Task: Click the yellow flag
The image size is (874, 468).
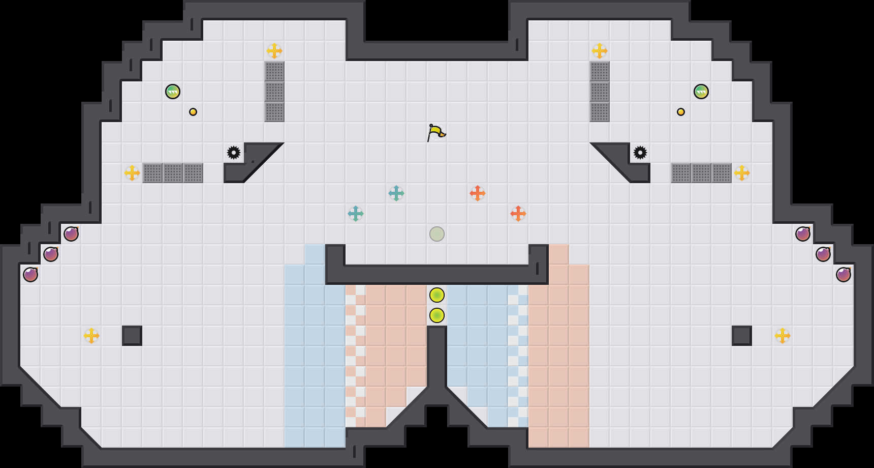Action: click(x=436, y=132)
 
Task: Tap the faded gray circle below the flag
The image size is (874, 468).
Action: click(x=437, y=234)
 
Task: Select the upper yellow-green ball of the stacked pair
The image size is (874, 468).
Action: click(x=437, y=295)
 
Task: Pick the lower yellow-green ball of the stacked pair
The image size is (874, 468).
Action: click(x=437, y=315)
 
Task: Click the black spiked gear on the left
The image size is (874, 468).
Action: click(x=234, y=153)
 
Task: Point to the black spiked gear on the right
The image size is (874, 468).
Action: click(x=640, y=153)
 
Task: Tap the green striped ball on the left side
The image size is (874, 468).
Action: click(x=173, y=92)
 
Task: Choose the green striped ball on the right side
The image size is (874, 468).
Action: click(x=701, y=92)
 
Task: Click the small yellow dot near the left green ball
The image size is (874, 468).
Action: click(x=193, y=112)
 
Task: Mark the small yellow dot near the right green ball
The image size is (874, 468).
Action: click(x=681, y=112)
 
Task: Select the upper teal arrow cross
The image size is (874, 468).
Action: click(x=396, y=193)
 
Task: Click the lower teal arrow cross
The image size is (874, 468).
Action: click(x=356, y=214)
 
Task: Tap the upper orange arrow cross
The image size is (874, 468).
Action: click(x=478, y=193)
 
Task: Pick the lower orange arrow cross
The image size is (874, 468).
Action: click(x=518, y=214)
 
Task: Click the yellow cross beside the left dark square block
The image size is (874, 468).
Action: click(x=91, y=336)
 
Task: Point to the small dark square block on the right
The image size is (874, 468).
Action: click(x=742, y=336)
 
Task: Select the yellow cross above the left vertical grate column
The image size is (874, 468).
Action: click(x=274, y=51)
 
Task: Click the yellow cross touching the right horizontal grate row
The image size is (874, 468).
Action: click(x=742, y=173)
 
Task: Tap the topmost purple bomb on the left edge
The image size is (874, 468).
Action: click(x=71, y=234)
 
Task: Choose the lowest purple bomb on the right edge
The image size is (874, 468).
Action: click(x=844, y=275)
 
